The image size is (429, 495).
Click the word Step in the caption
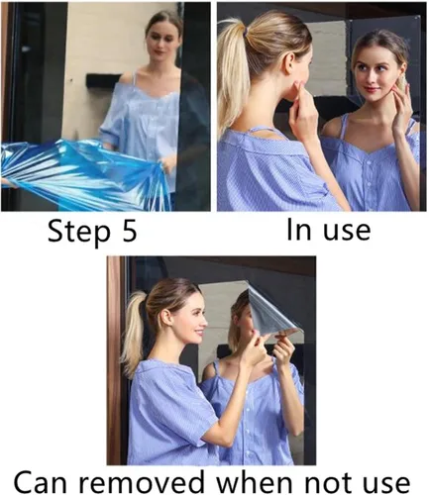pos(79,233)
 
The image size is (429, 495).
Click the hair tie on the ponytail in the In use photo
pos(245,32)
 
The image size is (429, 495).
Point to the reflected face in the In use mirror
pos(377,74)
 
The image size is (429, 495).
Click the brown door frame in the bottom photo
pos(114,360)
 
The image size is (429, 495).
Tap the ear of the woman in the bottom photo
pos(165,317)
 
